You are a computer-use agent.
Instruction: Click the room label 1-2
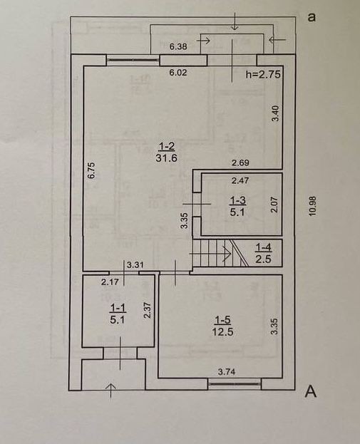[x=166, y=146]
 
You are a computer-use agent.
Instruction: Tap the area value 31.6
[x=166, y=158]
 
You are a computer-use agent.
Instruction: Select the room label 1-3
[x=237, y=200]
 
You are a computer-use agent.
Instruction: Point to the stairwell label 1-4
[x=264, y=248]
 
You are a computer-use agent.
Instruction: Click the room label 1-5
[x=222, y=320]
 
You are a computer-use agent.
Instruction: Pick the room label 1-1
[x=118, y=308]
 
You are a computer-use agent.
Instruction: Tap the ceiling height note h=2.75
[x=263, y=74]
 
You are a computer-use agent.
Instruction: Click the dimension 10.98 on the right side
[x=312, y=207]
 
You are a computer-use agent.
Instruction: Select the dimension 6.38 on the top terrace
[x=178, y=46]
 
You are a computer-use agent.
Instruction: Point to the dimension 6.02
[x=178, y=73]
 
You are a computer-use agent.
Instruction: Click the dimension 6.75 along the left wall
[x=91, y=170]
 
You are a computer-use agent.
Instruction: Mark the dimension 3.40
[x=275, y=113]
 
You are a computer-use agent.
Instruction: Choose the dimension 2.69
[x=240, y=162]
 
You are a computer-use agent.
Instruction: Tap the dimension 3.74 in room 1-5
[x=227, y=371]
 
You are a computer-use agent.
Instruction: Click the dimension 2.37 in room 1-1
[x=147, y=310]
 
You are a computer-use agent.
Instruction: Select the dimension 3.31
[x=135, y=265]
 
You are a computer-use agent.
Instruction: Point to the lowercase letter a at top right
[x=312, y=18]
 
